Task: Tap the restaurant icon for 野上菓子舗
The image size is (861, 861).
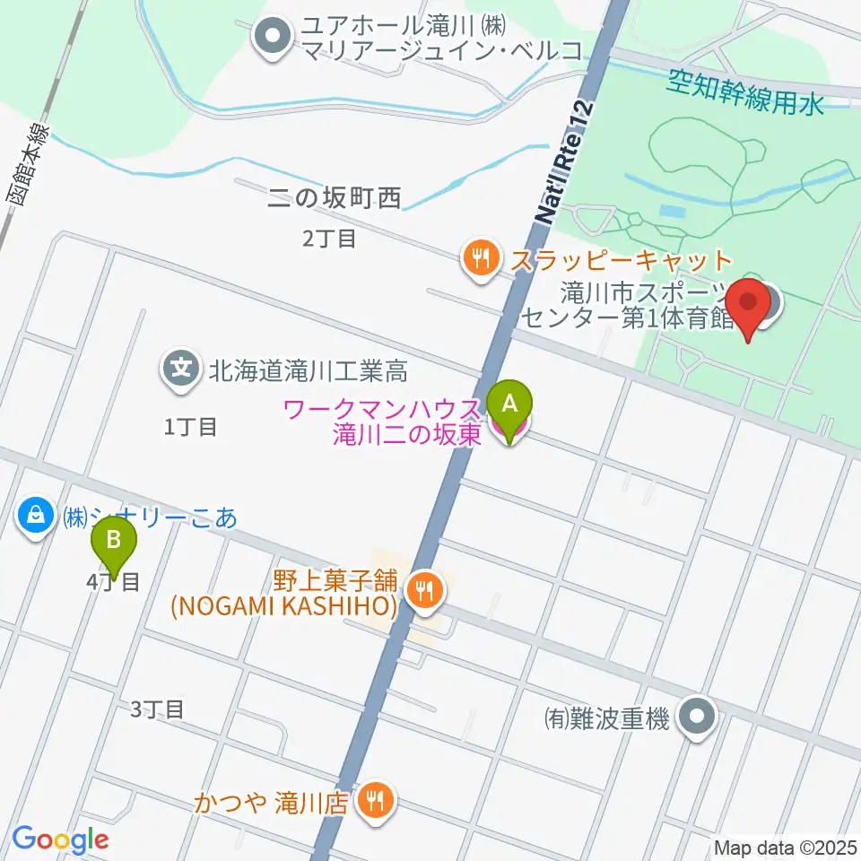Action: tap(422, 589)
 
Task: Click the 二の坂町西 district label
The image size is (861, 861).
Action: tap(335, 198)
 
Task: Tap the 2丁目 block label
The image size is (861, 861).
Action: tap(330, 239)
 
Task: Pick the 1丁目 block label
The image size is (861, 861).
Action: tap(190, 427)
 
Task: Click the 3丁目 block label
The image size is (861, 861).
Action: tap(157, 709)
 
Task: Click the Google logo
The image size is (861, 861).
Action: tap(59, 839)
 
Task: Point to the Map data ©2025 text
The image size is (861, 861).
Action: tap(785, 847)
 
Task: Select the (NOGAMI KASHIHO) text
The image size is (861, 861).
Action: tap(284, 607)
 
